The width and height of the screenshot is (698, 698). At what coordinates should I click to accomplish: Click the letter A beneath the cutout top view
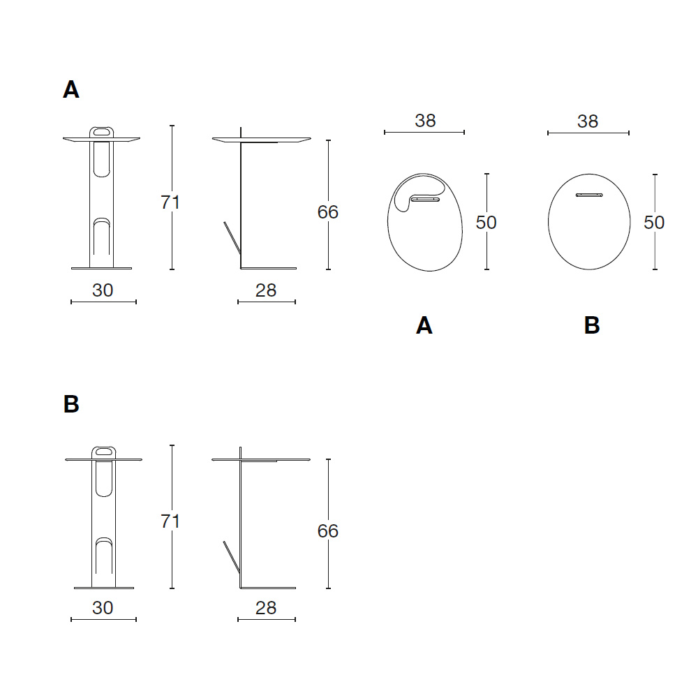424,325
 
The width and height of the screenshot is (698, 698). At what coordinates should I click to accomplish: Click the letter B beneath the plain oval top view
592,325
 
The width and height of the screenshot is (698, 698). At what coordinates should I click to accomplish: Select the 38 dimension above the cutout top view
425,121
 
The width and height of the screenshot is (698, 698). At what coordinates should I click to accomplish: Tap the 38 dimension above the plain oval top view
588,121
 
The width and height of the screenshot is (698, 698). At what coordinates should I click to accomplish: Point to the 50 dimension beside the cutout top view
486,222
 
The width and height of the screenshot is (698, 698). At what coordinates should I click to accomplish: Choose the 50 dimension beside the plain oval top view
654,222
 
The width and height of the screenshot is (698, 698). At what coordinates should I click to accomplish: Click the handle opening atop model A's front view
101,131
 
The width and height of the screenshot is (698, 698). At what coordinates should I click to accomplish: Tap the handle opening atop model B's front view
104,452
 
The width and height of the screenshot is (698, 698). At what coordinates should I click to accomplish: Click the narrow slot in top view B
589,195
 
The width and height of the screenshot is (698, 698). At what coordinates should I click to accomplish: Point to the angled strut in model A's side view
232,238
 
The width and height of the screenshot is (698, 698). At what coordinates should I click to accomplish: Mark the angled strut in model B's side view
232,557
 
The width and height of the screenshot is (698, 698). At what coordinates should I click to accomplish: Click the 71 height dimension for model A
170,202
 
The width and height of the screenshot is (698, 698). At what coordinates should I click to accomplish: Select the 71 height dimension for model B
170,521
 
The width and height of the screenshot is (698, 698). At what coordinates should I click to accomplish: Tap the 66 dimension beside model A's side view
327,212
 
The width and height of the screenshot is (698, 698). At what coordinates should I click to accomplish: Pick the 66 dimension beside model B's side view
327,530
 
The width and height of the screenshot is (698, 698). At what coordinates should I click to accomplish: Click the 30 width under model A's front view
103,290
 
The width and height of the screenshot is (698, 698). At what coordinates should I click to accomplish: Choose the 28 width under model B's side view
266,608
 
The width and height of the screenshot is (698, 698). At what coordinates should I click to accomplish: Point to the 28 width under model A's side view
266,290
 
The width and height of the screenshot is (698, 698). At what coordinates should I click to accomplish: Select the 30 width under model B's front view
103,608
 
